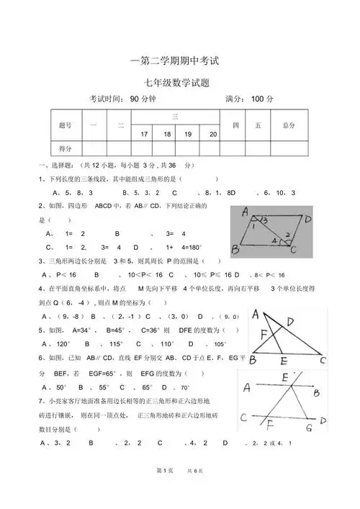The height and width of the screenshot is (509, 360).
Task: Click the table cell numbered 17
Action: click(x=144, y=135)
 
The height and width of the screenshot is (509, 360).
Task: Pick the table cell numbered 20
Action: click(x=212, y=135)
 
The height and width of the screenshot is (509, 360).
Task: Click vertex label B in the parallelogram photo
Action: click(x=235, y=250)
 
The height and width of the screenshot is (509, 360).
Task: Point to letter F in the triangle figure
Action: click(x=265, y=333)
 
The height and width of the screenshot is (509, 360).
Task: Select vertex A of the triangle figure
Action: click(x=255, y=314)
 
